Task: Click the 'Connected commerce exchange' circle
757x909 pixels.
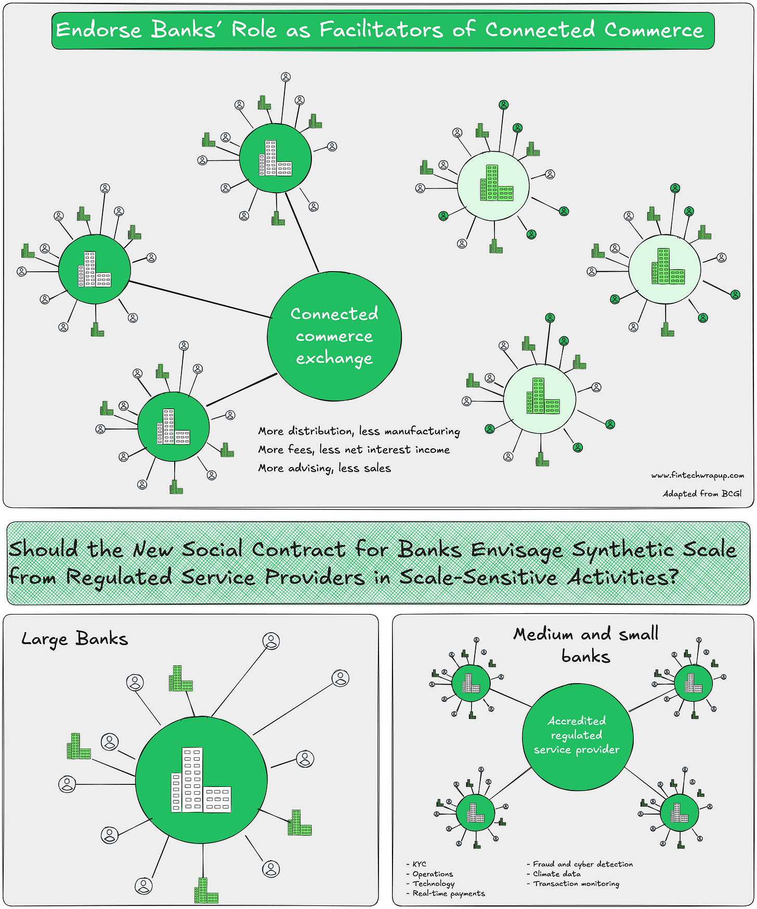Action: click(334, 336)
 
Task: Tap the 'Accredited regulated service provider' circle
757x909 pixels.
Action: click(577, 736)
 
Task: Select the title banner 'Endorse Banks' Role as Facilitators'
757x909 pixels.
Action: click(383, 30)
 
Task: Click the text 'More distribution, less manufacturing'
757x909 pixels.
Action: click(359, 431)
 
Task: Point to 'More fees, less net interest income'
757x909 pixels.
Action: click(354, 450)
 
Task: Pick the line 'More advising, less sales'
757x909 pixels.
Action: click(324, 468)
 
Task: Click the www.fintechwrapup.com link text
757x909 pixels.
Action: click(697, 475)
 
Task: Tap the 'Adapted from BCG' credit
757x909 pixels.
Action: click(702, 493)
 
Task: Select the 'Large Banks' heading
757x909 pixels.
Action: click(74, 638)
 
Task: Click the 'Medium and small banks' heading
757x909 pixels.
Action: click(586, 645)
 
